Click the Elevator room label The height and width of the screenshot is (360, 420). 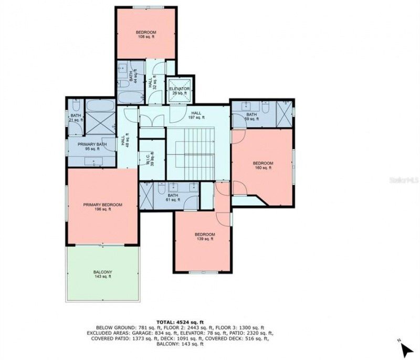coord(179,91)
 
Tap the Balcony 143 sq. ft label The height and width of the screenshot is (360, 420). coord(102,274)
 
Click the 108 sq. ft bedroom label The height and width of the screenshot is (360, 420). coord(146,35)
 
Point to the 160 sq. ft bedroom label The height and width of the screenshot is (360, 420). coord(263,165)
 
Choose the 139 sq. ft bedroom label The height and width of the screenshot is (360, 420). coord(205,237)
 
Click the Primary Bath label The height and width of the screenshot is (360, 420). coord(92,147)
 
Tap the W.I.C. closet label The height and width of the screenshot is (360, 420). coord(151,160)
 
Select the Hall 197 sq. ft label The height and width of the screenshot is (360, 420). coord(196,115)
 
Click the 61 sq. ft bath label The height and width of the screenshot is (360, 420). coord(173,197)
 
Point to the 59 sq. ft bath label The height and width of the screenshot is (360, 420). coord(251,117)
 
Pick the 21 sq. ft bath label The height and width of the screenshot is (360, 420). coord(76,118)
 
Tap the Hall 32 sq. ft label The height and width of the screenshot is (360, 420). coord(152,83)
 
